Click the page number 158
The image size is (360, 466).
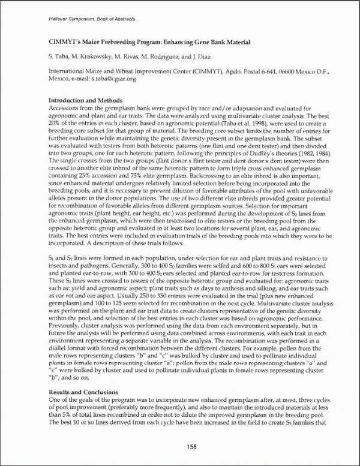[191, 446]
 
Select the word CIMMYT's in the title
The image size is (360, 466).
[65, 42]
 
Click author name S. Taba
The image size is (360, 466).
[59, 56]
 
